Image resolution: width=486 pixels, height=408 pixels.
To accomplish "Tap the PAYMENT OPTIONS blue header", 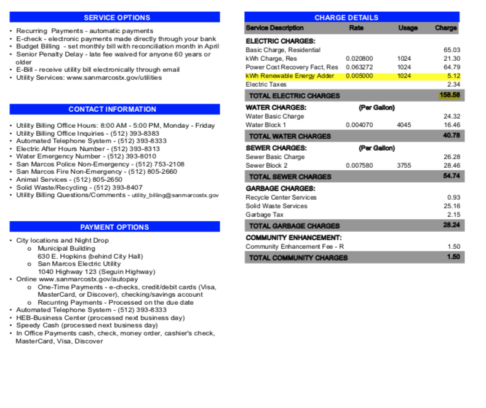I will tap(114, 227).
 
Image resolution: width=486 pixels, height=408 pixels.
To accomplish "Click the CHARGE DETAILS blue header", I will tap(355, 18).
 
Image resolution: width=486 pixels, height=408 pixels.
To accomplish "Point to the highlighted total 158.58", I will tap(450, 95).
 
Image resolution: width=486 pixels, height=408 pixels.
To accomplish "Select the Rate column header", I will tap(356, 28).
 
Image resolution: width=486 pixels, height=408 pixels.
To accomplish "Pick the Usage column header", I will tap(408, 28).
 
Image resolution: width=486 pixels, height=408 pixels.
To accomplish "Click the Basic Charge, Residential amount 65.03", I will tap(452, 50).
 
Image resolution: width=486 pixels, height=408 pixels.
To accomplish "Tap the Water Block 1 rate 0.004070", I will tap(359, 125).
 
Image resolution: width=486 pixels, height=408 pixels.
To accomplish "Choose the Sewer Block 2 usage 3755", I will tap(404, 165).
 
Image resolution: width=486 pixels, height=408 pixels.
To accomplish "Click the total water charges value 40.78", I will tap(452, 136).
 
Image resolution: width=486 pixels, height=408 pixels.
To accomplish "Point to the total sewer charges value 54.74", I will tap(452, 176).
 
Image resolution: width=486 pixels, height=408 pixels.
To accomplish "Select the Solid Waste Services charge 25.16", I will tap(452, 206).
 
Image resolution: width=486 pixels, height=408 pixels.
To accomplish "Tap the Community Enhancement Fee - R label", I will tap(286, 246).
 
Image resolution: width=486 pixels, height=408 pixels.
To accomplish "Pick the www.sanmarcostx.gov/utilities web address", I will tap(114, 78).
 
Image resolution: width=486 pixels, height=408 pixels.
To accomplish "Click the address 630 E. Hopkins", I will tap(90, 256).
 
